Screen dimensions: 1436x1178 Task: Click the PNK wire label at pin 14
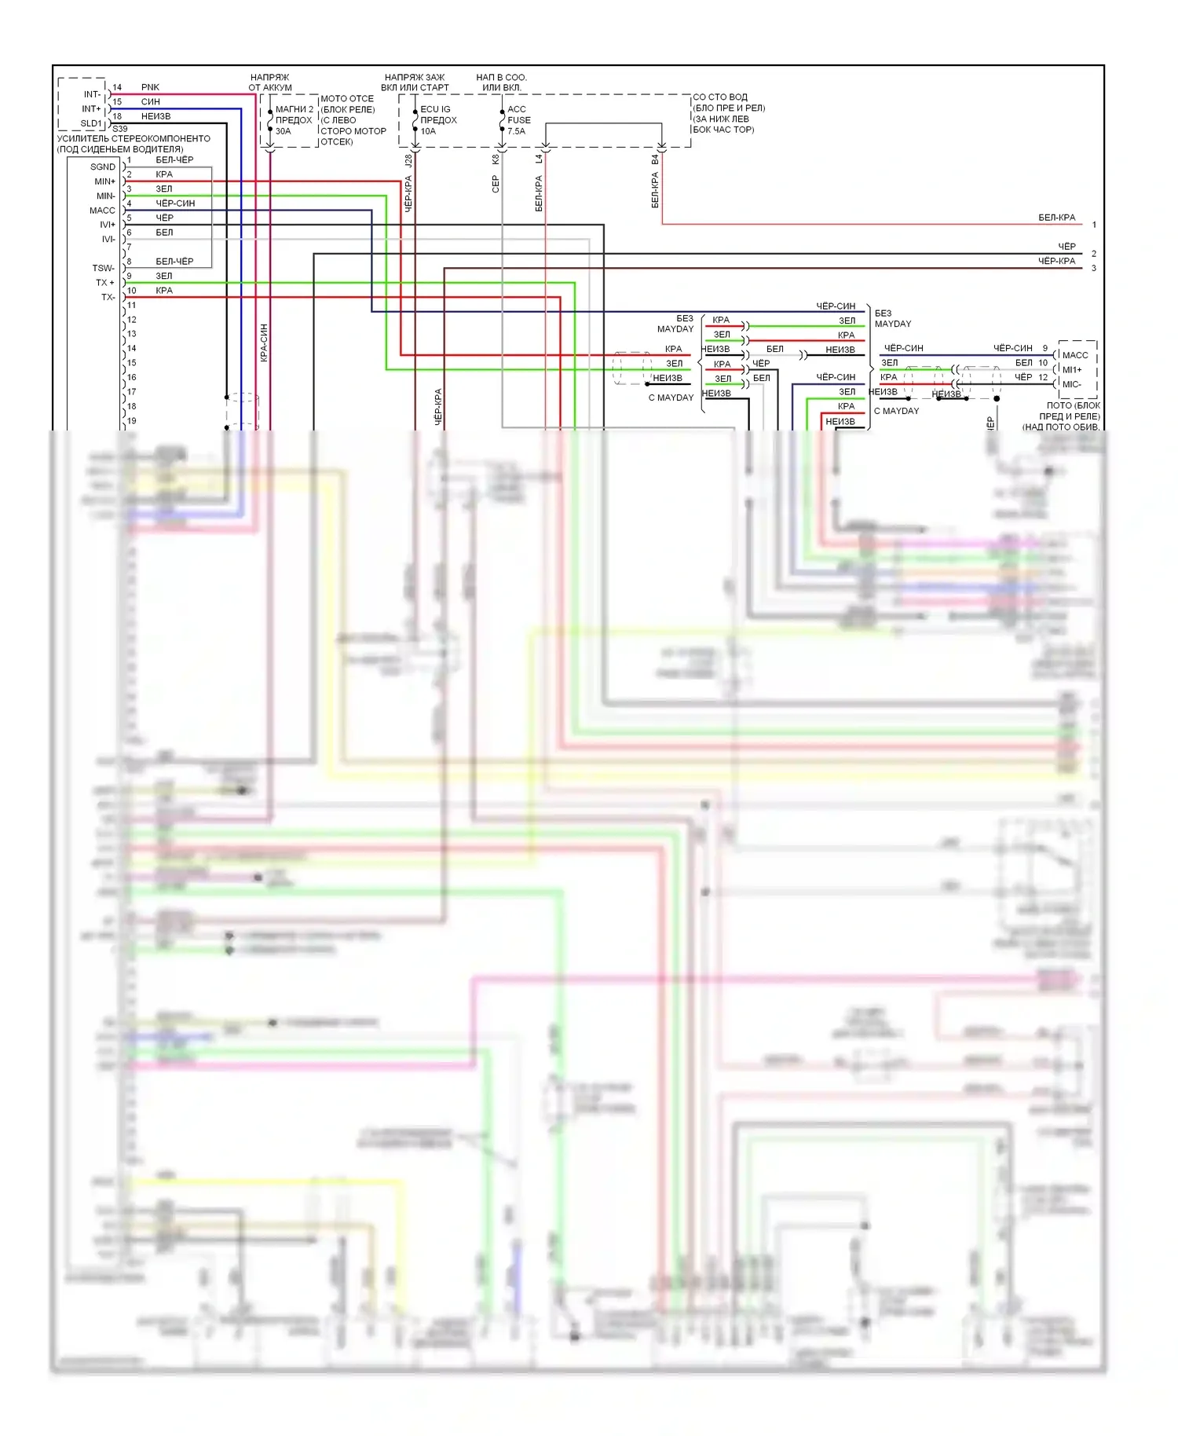point(150,87)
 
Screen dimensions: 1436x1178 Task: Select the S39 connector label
point(119,129)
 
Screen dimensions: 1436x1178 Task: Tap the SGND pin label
point(102,167)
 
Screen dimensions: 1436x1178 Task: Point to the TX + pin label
point(104,283)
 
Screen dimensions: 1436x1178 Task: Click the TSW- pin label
point(103,269)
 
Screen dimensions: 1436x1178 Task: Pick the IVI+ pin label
point(107,225)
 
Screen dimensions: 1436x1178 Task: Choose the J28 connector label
point(408,160)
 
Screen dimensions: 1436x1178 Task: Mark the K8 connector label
point(496,159)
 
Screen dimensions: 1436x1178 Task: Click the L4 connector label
point(540,159)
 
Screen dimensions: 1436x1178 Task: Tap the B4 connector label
point(655,159)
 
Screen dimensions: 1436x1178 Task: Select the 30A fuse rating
point(283,131)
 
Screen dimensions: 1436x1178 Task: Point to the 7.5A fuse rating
point(516,131)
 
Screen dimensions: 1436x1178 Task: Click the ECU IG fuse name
point(435,109)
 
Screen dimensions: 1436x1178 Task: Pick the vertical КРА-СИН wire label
point(264,343)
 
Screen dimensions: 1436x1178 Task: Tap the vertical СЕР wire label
point(496,184)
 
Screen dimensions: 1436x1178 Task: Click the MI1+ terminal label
point(1072,370)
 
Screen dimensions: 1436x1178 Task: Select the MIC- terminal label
point(1071,384)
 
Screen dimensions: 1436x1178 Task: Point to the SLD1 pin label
point(90,123)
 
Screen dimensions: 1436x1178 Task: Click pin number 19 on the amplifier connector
point(131,421)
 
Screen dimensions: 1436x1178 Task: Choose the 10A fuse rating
point(428,131)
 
